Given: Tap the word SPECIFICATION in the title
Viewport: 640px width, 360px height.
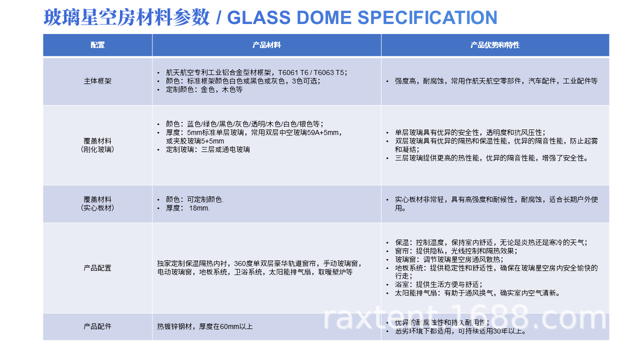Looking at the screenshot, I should [428, 17].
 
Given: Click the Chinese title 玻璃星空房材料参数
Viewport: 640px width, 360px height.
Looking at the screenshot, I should [126, 17].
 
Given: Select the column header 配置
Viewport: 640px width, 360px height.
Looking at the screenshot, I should [97, 45].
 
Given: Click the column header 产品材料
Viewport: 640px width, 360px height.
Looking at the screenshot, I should [266, 45].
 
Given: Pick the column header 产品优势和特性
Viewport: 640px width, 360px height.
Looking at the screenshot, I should [495, 45].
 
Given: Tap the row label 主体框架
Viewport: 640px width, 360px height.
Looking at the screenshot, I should [97, 81].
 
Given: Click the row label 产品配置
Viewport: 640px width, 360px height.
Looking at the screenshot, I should [97, 268].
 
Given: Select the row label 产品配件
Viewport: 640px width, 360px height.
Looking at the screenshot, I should [97, 326].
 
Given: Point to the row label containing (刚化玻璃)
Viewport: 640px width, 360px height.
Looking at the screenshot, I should [97, 149].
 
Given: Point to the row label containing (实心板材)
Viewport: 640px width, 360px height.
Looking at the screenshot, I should [97, 207].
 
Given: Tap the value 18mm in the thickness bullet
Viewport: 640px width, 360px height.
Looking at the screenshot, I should [199, 208].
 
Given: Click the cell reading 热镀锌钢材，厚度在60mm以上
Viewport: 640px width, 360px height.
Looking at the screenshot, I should [205, 326].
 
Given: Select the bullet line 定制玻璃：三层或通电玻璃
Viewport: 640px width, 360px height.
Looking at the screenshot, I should [208, 149].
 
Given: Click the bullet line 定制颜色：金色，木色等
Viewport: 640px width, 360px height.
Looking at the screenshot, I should [204, 90].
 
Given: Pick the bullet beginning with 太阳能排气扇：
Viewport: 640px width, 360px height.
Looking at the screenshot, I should [477, 293].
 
